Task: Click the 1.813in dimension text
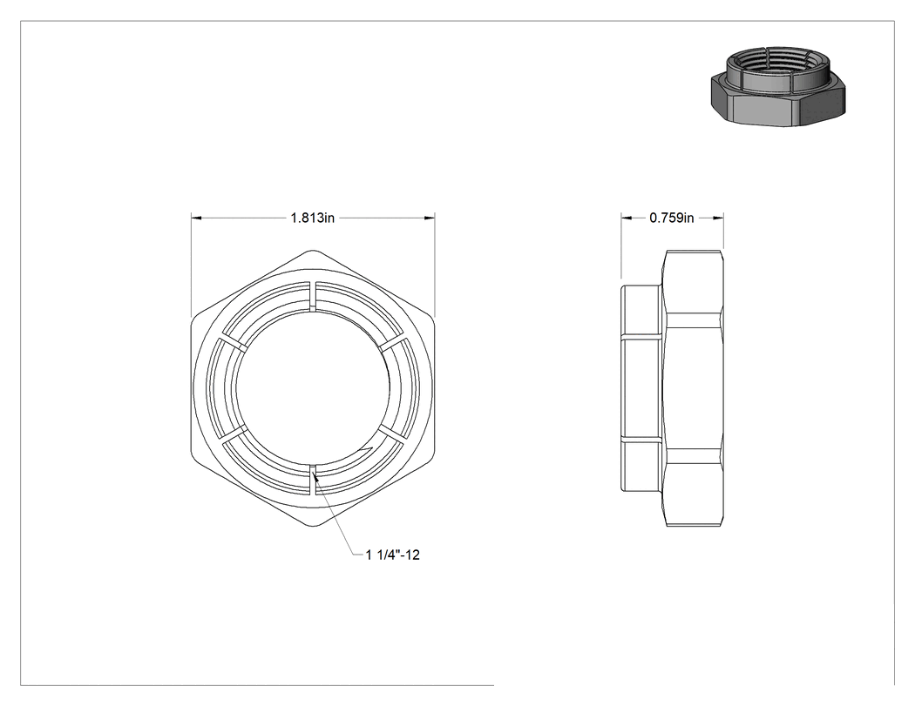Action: (313, 218)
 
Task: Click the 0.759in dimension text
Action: (672, 218)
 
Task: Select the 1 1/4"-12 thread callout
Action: (393, 555)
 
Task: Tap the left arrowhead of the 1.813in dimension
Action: (196, 218)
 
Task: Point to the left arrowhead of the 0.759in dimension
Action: (626, 218)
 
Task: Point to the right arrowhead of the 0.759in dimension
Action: (719, 218)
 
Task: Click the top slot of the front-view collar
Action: (312, 296)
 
